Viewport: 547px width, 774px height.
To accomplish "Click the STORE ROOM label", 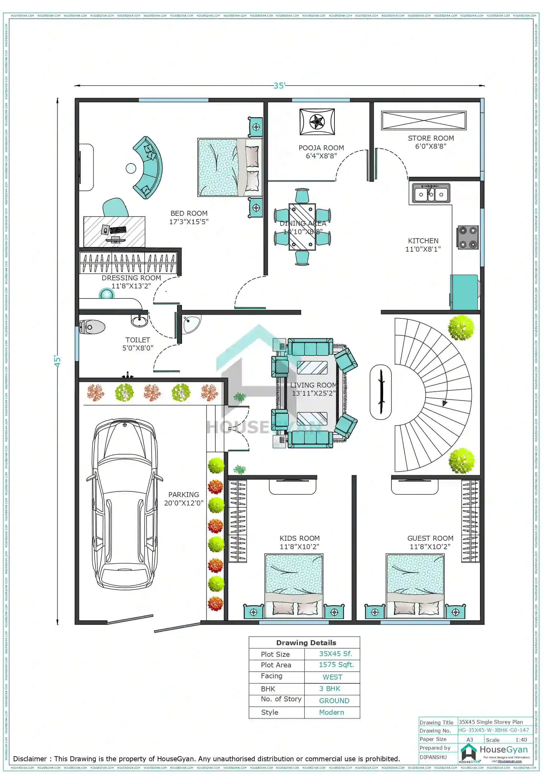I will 430,138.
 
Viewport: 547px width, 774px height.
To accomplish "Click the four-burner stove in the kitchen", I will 468,237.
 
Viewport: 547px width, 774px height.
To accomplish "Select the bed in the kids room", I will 294,585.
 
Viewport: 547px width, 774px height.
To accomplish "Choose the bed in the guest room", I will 415,585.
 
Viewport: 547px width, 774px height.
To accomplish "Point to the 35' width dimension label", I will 279,86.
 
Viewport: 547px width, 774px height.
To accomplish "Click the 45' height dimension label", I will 58,361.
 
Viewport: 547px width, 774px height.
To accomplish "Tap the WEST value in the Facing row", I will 332,677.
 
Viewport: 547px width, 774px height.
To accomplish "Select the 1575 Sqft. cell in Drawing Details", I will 336,665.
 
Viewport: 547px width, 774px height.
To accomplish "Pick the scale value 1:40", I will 521,740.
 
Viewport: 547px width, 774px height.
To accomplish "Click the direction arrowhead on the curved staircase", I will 444,403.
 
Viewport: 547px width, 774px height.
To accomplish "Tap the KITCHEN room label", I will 423,241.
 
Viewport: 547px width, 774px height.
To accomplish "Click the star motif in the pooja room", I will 317,122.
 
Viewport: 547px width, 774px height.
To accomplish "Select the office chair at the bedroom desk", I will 115,208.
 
